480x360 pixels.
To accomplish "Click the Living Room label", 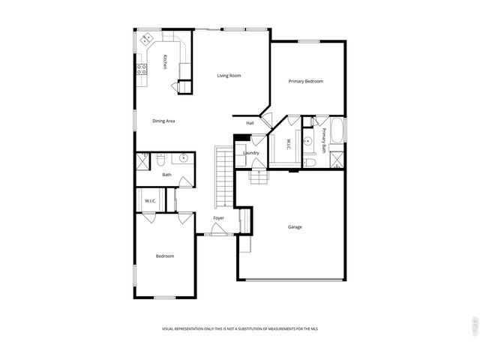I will (x=229, y=76).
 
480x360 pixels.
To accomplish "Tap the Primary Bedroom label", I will (x=306, y=81).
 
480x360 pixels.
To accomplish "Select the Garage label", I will (x=295, y=226).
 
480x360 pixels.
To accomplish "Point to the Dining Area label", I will (x=163, y=121).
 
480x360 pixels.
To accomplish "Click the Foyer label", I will (x=218, y=218).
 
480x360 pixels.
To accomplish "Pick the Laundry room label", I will (x=250, y=153).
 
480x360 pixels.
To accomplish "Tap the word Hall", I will (x=250, y=123).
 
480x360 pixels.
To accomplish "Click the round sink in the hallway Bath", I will (x=183, y=158).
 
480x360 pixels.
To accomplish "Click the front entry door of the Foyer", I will (x=218, y=234).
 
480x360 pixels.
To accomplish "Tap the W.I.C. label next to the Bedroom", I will (x=150, y=200).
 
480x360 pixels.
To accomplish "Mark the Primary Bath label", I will (x=324, y=140).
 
